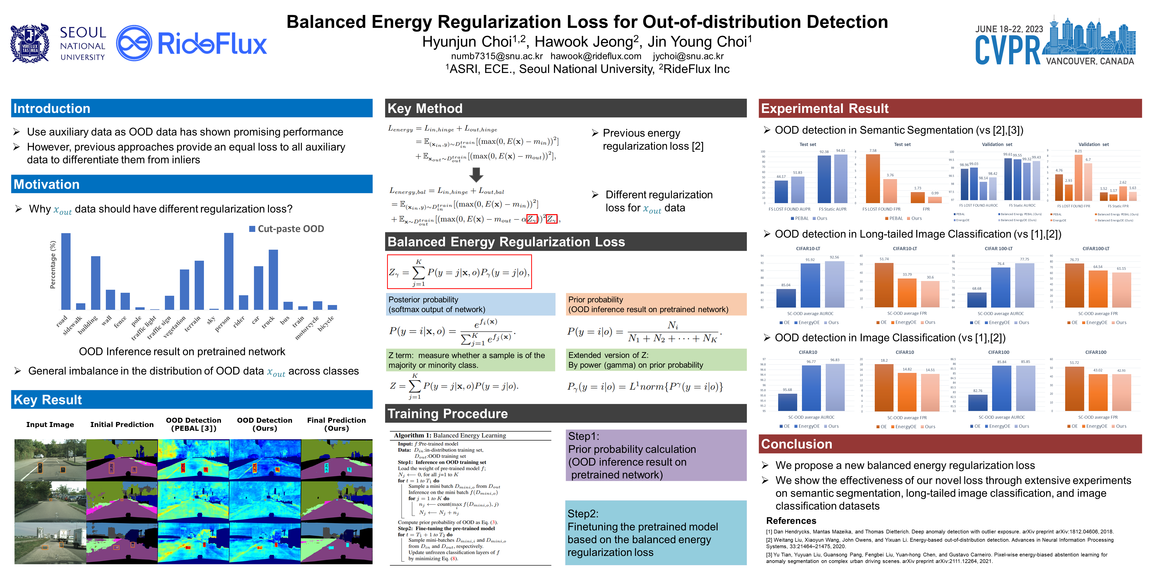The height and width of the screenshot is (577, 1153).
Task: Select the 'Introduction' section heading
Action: tap(52, 108)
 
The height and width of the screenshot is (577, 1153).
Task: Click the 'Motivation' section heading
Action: tap(47, 184)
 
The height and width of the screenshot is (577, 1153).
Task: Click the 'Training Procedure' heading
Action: tap(448, 413)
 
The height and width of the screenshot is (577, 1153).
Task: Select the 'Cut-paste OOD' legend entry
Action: tap(286, 229)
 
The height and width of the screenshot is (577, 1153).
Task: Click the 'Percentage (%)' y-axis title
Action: tap(53, 264)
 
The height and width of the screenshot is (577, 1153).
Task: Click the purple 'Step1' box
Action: tap(656, 455)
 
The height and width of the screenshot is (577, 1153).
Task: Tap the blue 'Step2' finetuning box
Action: tap(656, 533)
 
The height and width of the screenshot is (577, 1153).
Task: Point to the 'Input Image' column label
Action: tap(50, 424)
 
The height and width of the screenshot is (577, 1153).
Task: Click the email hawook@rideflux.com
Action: tap(596, 56)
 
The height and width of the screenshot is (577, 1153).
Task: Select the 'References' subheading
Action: tap(791, 521)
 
